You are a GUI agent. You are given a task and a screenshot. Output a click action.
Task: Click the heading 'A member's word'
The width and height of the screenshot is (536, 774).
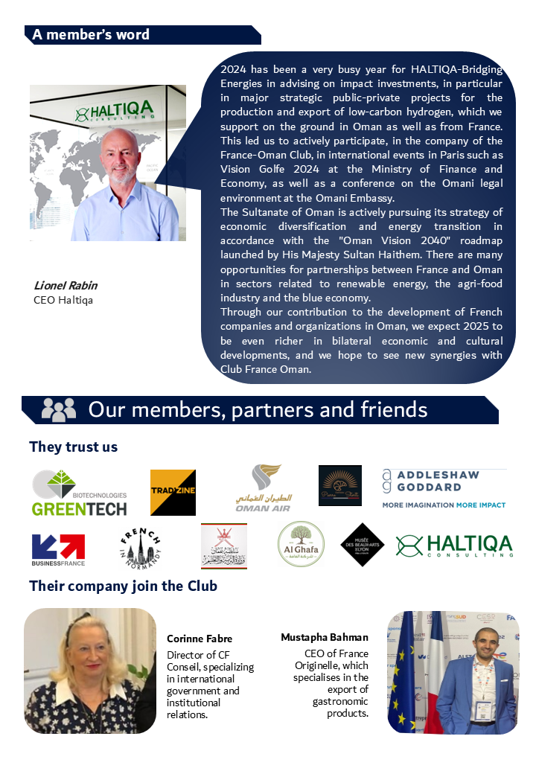coord(91,35)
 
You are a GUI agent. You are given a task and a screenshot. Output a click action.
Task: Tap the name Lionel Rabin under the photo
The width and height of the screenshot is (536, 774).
coord(66,286)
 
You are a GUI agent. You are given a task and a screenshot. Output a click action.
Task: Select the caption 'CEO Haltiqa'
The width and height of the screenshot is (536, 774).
coord(62,300)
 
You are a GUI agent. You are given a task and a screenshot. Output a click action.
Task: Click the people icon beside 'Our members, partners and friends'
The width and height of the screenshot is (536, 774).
coord(58,409)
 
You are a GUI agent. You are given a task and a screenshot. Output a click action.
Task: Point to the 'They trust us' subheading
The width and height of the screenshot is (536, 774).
coord(73,447)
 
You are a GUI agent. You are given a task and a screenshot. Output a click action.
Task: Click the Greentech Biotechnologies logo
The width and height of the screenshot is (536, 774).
coord(80,493)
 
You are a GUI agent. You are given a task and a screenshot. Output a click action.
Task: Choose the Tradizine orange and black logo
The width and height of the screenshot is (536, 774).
coord(173,493)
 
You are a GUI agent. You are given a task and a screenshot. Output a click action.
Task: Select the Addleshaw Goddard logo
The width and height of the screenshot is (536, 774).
coord(444,488)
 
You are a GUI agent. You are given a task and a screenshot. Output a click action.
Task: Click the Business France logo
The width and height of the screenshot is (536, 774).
coord(58,549)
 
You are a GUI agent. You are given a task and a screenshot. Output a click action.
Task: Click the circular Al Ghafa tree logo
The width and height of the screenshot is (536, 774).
coord(301,545)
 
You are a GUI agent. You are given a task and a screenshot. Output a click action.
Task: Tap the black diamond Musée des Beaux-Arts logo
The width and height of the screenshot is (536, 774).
coord(362,545)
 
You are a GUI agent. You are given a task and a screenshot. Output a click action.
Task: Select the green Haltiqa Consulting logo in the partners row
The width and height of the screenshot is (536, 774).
coord(454,546)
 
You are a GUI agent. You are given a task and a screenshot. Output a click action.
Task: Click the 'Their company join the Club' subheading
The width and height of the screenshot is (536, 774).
coord(123,586)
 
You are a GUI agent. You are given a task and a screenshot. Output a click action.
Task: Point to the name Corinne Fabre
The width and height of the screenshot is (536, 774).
coord(200,639)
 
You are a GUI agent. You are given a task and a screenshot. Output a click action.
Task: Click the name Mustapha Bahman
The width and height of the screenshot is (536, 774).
coord(325,637)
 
